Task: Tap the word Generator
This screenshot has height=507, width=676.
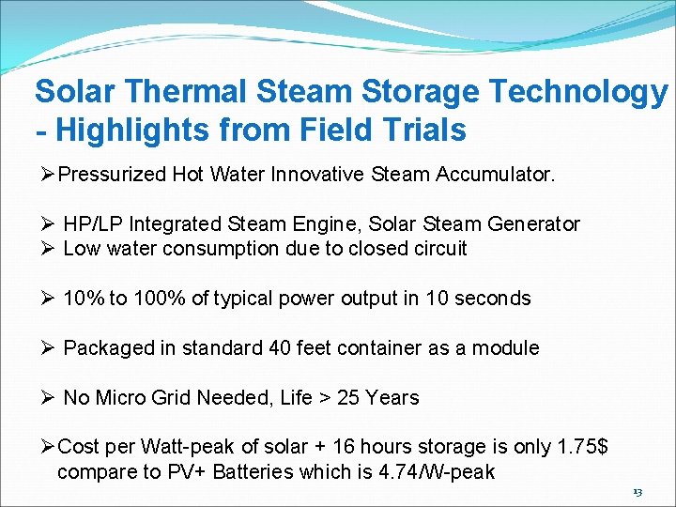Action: tap(534, 224)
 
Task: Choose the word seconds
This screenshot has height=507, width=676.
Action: tap(494, 299)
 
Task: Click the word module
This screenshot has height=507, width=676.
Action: tap(505, 347)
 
